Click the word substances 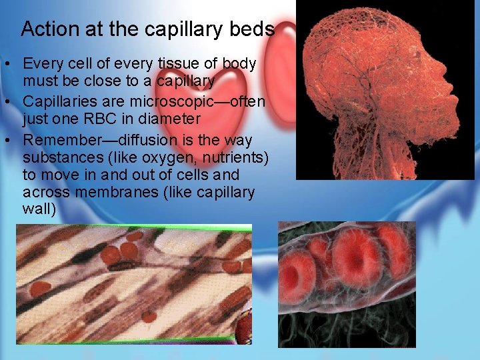tap(61, 159)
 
